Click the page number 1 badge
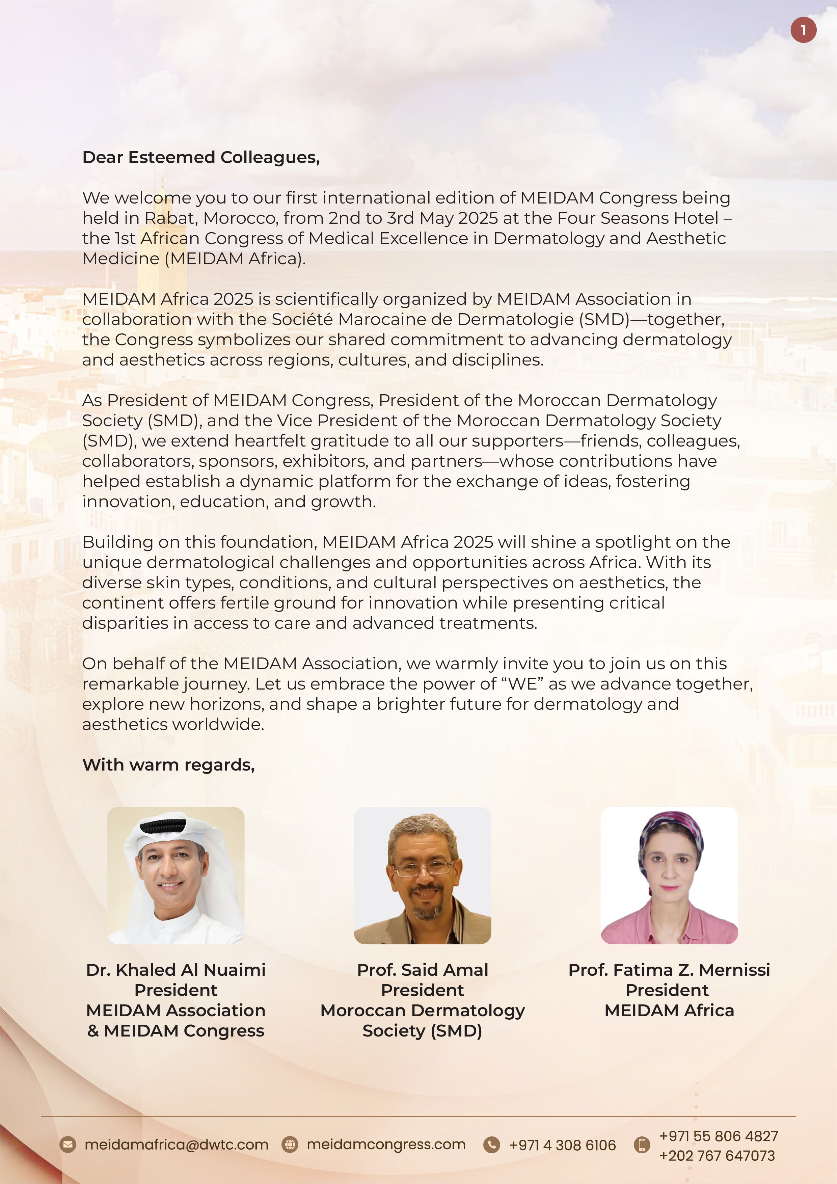(803, 30)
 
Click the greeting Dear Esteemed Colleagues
(201, 157)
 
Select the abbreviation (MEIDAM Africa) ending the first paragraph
(235, 258)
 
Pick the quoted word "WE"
(522, 684)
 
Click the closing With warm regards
(169, 765)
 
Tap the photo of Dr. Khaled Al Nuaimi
(175, 875)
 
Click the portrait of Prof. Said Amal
(422, 875)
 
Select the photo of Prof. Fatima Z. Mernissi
(669, 875)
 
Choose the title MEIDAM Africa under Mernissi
(669, 1010)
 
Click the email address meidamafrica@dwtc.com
(177, 1145)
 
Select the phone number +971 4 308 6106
(562, 1145)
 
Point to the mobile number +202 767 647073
(717, 1156)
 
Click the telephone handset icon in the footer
(491, 1145)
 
